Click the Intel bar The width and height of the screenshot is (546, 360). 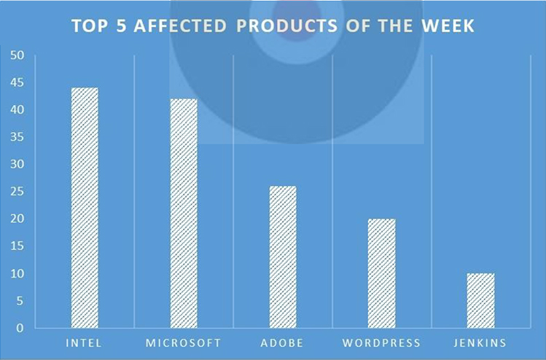coord(85,208)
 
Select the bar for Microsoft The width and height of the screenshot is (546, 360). coord(184,214)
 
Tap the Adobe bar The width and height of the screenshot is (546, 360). coord(283,257)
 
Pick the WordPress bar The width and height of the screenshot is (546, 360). coord(382,273)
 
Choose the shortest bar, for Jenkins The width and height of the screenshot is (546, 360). coord(481,301)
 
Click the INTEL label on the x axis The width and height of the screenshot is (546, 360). coord(84,343)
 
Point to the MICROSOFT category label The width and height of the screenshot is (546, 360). coord(184,343)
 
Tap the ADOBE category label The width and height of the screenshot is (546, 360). coord(282,343)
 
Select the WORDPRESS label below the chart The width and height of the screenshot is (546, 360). coord(382,343)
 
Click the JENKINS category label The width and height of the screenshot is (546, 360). coord(480,343)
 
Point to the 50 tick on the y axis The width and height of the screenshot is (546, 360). coord(17,55)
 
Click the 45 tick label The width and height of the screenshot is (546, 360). coord(17,83)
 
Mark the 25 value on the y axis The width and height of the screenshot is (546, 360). coord(17,192)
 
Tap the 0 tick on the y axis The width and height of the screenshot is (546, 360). coord(20,328)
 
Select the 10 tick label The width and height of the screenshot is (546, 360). coord(17,274)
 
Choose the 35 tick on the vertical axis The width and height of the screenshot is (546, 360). coord(17,137)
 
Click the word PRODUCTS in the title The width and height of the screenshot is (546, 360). coord(287,26)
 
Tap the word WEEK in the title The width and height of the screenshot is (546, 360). coord(448,26)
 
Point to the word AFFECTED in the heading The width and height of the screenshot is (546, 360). coord(180,26)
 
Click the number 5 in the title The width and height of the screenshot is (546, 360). coord(121,26)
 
